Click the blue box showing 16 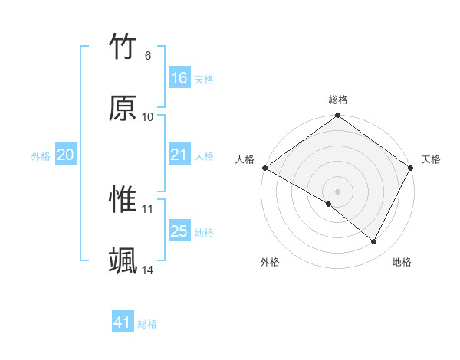click(x=179, y=78)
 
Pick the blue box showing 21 click(x=179, y=155)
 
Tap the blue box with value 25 click(x=179, y=231)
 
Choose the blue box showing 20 click(x=66, y=155)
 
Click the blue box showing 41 click(x=123, y=322)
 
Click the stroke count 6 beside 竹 click(x=148, y=56)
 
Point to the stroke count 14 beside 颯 click(x=148, y=270)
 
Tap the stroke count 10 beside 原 click(x=148, y=117)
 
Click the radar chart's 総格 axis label click(x=338, y=100)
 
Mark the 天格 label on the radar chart click(x=431, y=159)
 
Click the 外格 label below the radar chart click(x=270, y=262)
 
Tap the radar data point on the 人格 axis click(x=264, y=168)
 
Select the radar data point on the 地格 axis click(x=374, y=242)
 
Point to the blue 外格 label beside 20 click(x=41, y=155)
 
